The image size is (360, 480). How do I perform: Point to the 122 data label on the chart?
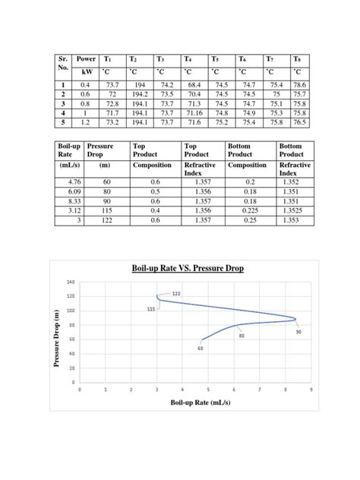(x=176, y=293)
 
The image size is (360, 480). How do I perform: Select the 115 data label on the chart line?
(x=152, y=308)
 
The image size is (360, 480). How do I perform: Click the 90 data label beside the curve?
(x=298, y=331)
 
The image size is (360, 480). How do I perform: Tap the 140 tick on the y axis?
(x=71, y=282)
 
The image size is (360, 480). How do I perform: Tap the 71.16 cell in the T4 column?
(x=194, y=112)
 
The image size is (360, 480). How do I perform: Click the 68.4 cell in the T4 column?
(x=194, y=85)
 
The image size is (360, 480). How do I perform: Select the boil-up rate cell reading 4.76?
(x=68, y=184)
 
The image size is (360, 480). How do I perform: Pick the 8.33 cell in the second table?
(x=68, y=201)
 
